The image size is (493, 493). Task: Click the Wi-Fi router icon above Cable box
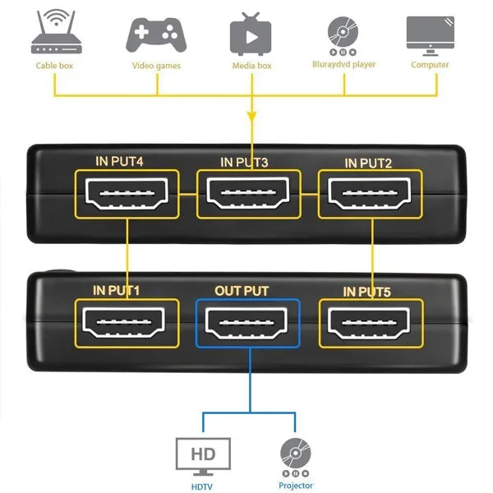[54, 33]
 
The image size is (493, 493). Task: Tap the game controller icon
[156, 34]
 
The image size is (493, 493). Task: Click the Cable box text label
[54, 66]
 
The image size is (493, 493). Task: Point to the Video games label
[156, 66]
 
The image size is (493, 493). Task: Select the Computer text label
[430, 65]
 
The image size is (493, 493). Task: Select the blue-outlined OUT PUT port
[249, 324]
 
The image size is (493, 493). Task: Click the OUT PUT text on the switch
[242, 291]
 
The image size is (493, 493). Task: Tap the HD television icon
[203, 454]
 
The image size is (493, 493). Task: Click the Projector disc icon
[295, 454]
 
